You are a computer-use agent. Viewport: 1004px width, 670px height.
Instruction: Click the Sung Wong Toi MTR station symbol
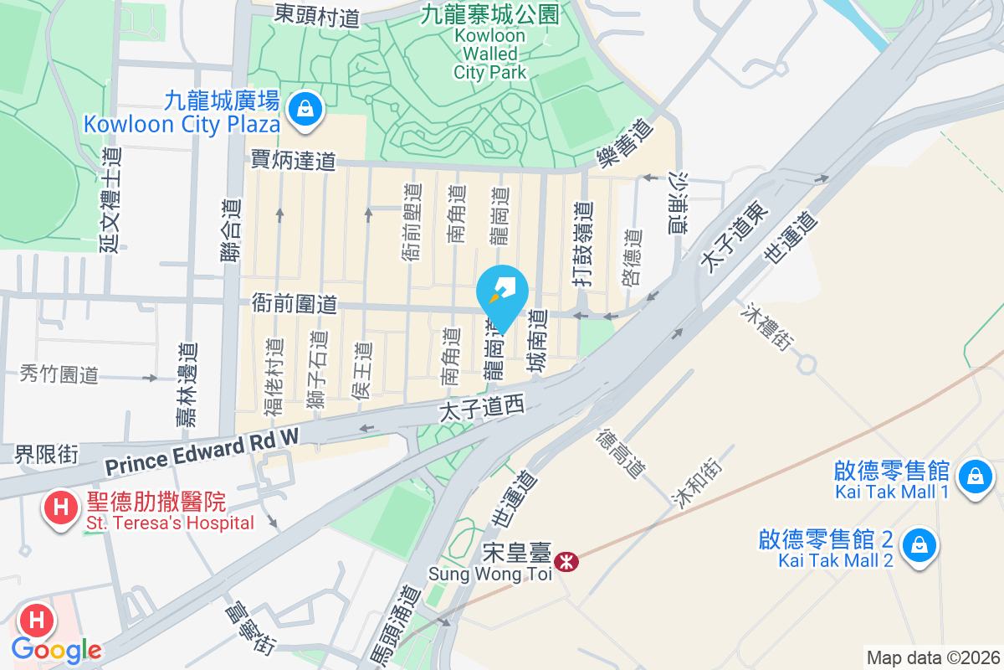click(566, 562)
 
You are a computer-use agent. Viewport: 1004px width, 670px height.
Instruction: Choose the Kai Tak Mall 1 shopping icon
click(974, 477)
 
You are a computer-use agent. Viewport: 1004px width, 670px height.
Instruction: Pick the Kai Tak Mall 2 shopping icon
click(919, 545)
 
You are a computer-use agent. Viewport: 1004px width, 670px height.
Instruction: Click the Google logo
click(56, 650)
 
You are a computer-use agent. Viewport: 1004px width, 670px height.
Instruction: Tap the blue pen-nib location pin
click(502, 293)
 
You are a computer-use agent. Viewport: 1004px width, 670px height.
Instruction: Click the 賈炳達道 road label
click(293, 160)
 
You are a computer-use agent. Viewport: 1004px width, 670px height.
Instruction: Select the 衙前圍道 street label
click(295, 304)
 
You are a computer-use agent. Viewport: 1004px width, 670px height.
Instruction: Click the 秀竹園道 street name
click(59, 374)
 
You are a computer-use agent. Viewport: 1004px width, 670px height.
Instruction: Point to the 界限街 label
click(47, 455)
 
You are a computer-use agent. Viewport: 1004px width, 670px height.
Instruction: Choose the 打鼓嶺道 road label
click(583, 245)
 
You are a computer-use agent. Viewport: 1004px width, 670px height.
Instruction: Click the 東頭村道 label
click(317, 15)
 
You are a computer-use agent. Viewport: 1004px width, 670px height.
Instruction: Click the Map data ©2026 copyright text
click(933, 657)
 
